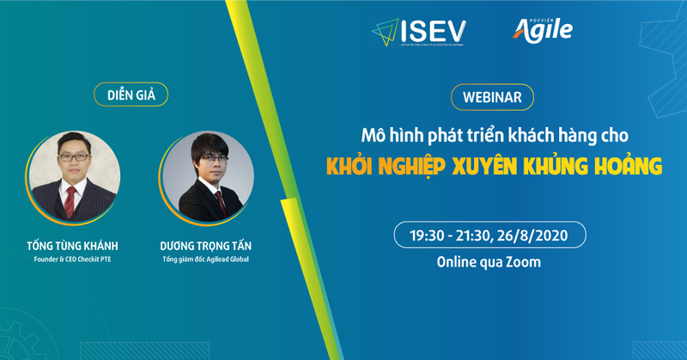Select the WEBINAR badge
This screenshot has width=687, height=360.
coord(492,96)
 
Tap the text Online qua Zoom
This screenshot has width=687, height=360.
coord(490,262)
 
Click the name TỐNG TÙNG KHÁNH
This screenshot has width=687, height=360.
coord(72,244)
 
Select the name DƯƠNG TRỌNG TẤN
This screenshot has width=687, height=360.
coord(206,244)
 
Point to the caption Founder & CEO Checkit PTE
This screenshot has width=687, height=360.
coord(72,260)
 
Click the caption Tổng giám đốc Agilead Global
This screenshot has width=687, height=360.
coord(206,260)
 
